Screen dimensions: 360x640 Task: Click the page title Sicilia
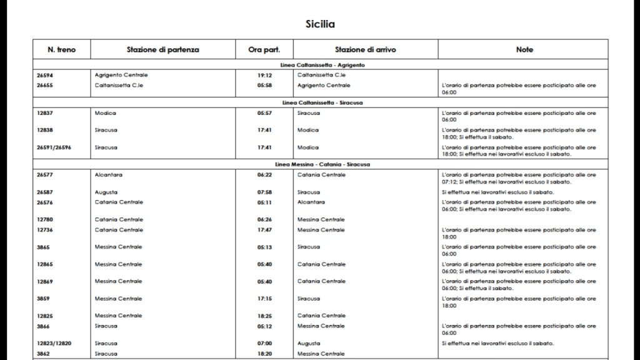point(320,24)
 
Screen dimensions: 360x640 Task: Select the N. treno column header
point(61,49)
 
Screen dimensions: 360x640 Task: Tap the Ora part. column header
point(264,49)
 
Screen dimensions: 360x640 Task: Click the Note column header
point(524,49)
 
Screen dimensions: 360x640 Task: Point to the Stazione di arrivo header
point(365,49)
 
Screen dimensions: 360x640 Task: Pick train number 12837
point(45,113)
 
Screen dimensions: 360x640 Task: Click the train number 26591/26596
point(54,147)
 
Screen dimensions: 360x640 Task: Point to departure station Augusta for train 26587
point(106,192)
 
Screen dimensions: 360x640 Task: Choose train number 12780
point(45,219)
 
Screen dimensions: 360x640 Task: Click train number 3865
point(43,247)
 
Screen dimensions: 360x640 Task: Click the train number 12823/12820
point(54,343)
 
